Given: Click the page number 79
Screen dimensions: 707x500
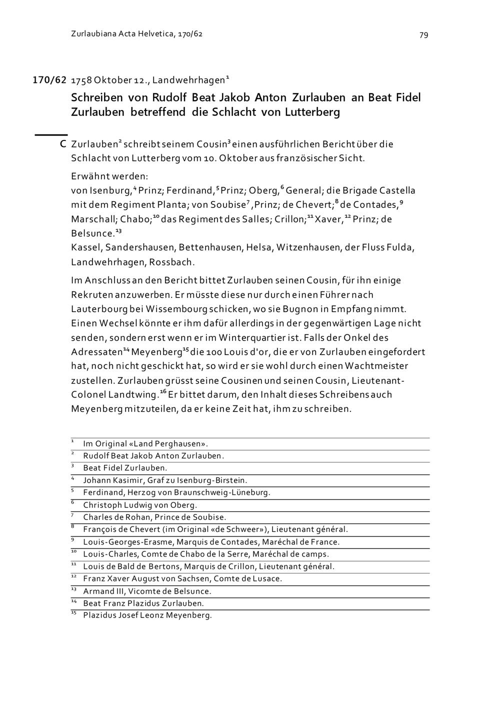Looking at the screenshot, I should pos(423,35).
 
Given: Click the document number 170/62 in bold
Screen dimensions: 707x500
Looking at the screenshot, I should pos(49,80).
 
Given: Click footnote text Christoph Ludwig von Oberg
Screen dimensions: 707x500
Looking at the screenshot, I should pos(140,505).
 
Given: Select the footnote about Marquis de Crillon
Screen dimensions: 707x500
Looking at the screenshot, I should pos(208,566).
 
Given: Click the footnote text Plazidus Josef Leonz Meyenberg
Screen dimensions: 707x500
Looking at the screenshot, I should pos(147,615).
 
